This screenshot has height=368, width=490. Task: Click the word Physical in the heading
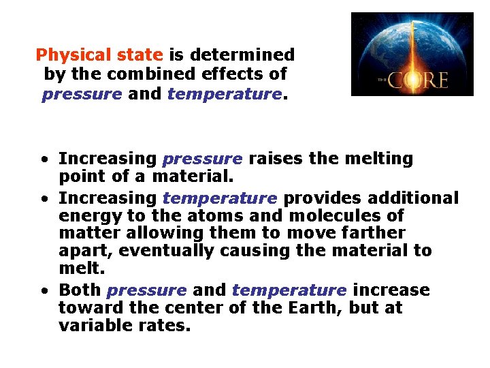pyautogui.click(x=65, y=55)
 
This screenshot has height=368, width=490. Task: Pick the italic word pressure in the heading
pyautogui.click(x=82, y=93)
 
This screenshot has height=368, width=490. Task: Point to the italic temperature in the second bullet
pyautogui.click(x=220, y=198)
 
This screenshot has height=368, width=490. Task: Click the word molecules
pyautogui.click(x=342, y=216)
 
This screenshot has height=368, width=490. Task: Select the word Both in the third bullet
pyautogui.click(x=80, y=290)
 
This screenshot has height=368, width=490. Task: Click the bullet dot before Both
pyautogui.click(x=43, y=291)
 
